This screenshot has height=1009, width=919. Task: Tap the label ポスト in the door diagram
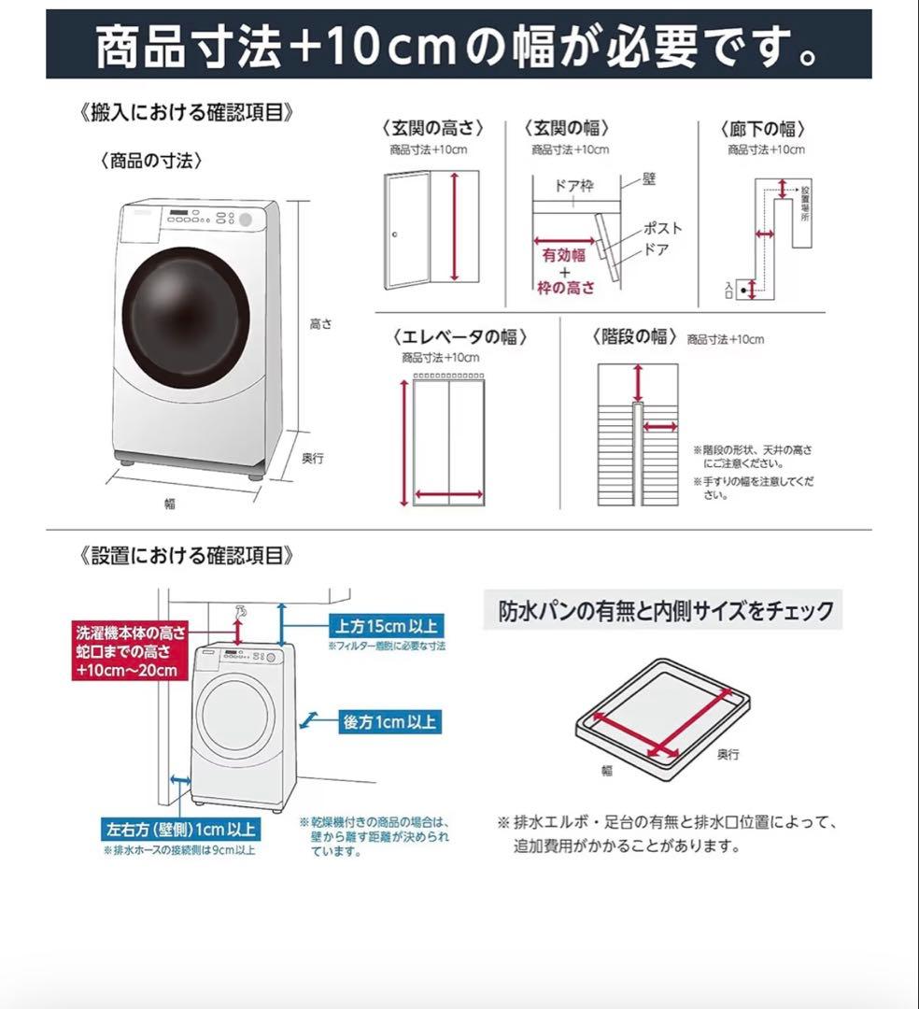tap(662, 228)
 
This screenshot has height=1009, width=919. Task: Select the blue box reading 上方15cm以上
tap(384, 625)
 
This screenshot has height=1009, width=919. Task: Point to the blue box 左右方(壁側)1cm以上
tap(180, 829)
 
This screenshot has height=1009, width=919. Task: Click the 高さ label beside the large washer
tap(320, 324)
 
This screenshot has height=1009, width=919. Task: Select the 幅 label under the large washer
tap(170, 504)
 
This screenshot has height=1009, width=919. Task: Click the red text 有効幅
tap(564, 254)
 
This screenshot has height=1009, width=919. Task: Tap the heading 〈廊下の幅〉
tap(762, 129)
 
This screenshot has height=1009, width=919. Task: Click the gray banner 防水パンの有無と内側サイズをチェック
tap(665, 611)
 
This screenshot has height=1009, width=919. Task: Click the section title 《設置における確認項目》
tap(187, 556)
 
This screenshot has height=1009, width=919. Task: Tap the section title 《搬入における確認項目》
tap(187, 113)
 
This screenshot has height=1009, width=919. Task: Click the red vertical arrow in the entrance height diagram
tap(455, 226)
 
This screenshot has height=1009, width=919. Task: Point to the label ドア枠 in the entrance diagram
tap(573, 186)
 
